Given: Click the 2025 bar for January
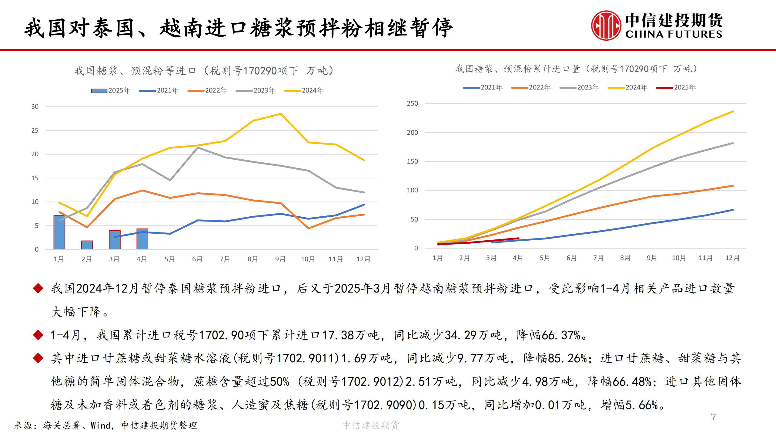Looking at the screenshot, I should [x=59, y=232].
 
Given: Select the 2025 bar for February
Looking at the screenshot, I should [x=87, y=245].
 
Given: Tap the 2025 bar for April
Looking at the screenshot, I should [x=142, y=239].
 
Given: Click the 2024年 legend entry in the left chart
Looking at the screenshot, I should [x=304, y=90].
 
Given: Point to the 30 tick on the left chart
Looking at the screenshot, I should [x=35, y=107].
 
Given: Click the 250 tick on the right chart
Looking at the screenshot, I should [x=412, y=103].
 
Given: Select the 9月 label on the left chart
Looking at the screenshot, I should [x=280, y=259].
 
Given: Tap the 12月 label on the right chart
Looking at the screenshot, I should [x=732, y=258].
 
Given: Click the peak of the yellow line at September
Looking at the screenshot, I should [x=281, y=114].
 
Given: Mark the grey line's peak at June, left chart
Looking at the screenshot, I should [x=198, y=148].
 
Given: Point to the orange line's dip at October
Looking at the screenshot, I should [x=308, y=228].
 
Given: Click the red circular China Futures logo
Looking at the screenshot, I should [x=606, y=25].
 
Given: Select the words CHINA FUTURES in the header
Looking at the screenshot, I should [x=674, y=34].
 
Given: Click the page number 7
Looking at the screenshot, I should [x=714, y=417].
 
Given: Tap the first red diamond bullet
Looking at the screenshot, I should [x=38, y=288].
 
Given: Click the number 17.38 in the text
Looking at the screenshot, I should [x=338, y=335].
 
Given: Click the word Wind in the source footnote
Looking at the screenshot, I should [x=100, y=425].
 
